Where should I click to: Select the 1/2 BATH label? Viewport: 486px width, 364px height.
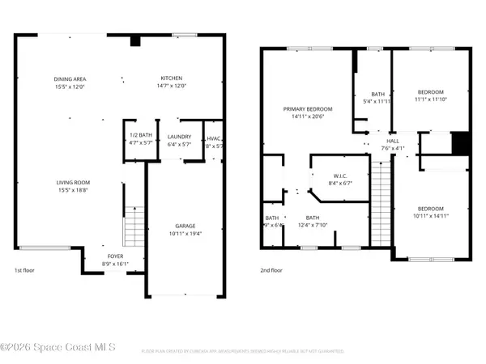point(141,135)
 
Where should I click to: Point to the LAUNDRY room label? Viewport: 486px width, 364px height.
point(178,135)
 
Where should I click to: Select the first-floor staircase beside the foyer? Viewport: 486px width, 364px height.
point(133,226)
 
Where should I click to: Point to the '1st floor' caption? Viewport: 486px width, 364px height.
point(25,271)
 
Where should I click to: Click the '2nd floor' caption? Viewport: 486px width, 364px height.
point(271,271)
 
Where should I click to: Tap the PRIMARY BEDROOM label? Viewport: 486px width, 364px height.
point(307,108)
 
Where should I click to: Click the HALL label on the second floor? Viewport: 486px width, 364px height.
point(394,139)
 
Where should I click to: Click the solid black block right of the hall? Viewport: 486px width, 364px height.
point(460,141)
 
